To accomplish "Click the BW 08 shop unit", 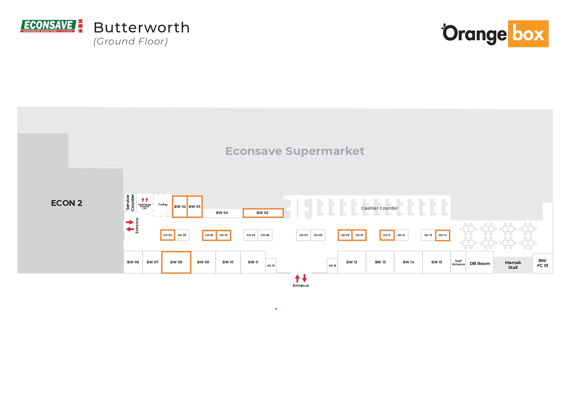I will tap(176, 262).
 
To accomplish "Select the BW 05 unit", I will tap(263, 213).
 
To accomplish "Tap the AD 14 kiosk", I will tap(442, 235).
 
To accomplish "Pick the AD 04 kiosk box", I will tap(168, 235).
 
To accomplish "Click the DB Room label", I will tap(479, 263).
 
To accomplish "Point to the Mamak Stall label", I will tap(513, 265).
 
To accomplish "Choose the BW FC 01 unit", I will tap(542, 263).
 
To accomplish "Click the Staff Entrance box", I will tap(458, 263).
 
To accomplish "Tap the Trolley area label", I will tap(163, 205).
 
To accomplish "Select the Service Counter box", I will tap(130, 203).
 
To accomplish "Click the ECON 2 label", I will tap(67, 203).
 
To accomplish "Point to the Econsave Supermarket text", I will tap(295, 151).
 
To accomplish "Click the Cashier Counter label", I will tap(379, 208).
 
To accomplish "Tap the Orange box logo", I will tap(495, 34).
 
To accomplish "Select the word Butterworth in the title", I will tap(141, 28).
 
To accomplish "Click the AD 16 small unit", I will tap(332, 266).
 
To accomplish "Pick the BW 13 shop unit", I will tap(380, 262).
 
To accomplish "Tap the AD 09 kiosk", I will tap(345, 235).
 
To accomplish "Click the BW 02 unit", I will tap(180, 207).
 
